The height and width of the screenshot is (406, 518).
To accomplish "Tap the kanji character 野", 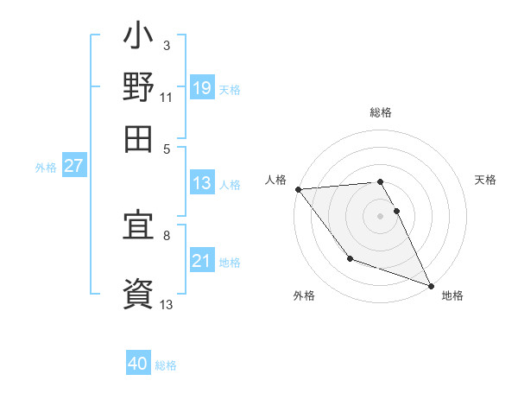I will (138, 89).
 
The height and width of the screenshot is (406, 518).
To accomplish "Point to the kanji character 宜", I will (138, 229).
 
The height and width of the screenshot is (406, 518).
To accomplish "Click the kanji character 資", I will (138, 292).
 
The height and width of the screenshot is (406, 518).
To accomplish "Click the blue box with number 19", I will (201, 87).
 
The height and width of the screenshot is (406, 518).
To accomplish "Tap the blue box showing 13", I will (201, 183).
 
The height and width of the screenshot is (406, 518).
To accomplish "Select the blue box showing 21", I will (201, 261).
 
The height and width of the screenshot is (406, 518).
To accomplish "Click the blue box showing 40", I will (138, 365).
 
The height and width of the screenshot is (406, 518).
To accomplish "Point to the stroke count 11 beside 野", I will (166, 98).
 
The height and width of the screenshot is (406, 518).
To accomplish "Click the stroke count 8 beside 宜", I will (166, 234).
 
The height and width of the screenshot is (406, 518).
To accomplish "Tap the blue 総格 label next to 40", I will (166, 365).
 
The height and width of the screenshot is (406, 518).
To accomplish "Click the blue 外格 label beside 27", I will (46, 168).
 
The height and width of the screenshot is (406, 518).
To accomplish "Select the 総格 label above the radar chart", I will (380, 112).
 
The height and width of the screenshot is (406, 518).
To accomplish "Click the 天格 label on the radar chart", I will (485, 180).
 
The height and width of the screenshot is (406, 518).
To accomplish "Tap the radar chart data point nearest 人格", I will (298, 189).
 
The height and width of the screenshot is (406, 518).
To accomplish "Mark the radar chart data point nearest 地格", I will (431, 285).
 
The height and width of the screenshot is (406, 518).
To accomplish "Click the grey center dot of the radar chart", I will (380, 216).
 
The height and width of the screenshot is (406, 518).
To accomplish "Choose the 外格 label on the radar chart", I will (304, 295).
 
